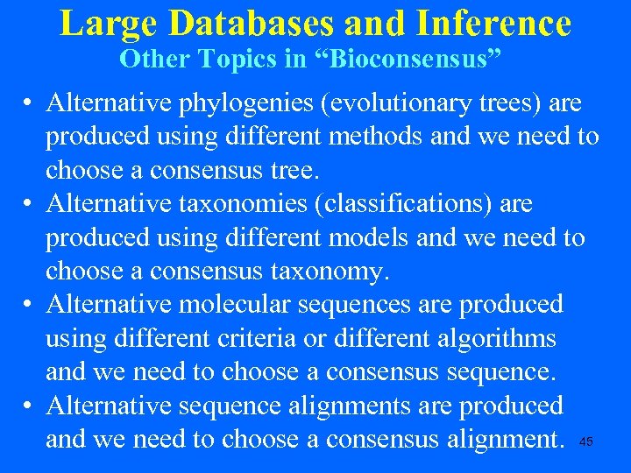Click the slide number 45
click(x=586, y=442)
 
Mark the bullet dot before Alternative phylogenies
click(x=29, y=104)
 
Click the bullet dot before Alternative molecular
click(x=29, y=305)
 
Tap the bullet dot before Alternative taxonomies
click(x=29, y=205)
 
